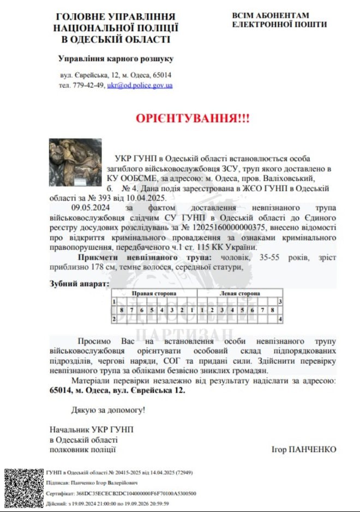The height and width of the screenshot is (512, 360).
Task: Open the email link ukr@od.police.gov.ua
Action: (140, 86)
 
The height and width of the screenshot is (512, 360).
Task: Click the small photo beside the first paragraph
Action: (75, 162)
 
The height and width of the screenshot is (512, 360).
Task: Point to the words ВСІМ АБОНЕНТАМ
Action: (271, 15)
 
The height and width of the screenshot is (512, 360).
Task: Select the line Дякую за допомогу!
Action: (109, 409)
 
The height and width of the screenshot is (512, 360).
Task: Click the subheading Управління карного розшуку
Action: (116, 58)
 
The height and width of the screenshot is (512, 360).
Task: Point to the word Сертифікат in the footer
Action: (59, 493)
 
